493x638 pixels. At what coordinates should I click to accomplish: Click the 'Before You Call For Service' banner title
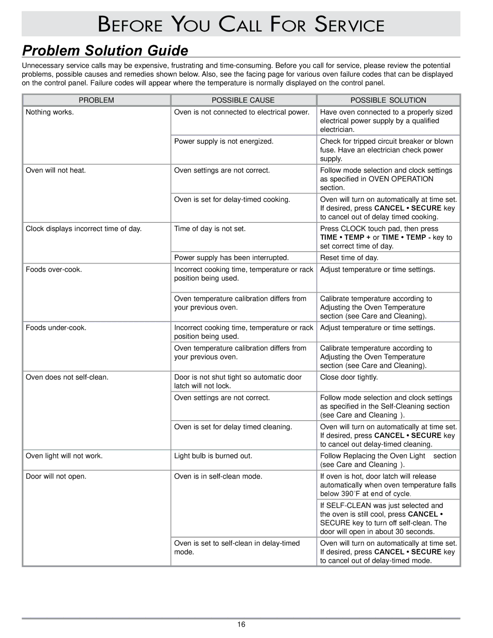click(241, 24)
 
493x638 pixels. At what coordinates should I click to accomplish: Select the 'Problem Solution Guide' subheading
click(105, 50)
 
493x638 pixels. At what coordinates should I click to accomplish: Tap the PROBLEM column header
click(96, 100)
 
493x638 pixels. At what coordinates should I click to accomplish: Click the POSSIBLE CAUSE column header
click(243, 100)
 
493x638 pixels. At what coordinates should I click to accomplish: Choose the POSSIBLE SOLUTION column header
click(388, 100)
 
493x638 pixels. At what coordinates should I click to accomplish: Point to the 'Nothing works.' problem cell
click(50, 112)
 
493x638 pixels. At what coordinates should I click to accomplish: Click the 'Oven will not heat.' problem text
click(56, 170)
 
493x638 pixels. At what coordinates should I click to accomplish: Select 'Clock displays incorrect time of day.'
click(84, 228)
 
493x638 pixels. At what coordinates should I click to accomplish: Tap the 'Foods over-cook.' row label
click(54, 269)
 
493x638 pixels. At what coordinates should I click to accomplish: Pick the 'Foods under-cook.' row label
click(56, 327)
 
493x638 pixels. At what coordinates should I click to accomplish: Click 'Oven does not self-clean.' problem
click(67, 377)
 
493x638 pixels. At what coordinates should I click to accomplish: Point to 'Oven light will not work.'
click(64, 456)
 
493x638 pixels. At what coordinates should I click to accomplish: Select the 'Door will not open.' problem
click(56, 476)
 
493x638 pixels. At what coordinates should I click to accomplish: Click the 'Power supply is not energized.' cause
click(224, 141)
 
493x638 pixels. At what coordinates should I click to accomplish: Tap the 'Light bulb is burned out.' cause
click(213, 456)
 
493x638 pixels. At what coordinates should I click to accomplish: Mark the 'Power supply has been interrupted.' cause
click(231, 258)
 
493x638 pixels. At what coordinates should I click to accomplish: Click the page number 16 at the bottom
click(241, 625)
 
